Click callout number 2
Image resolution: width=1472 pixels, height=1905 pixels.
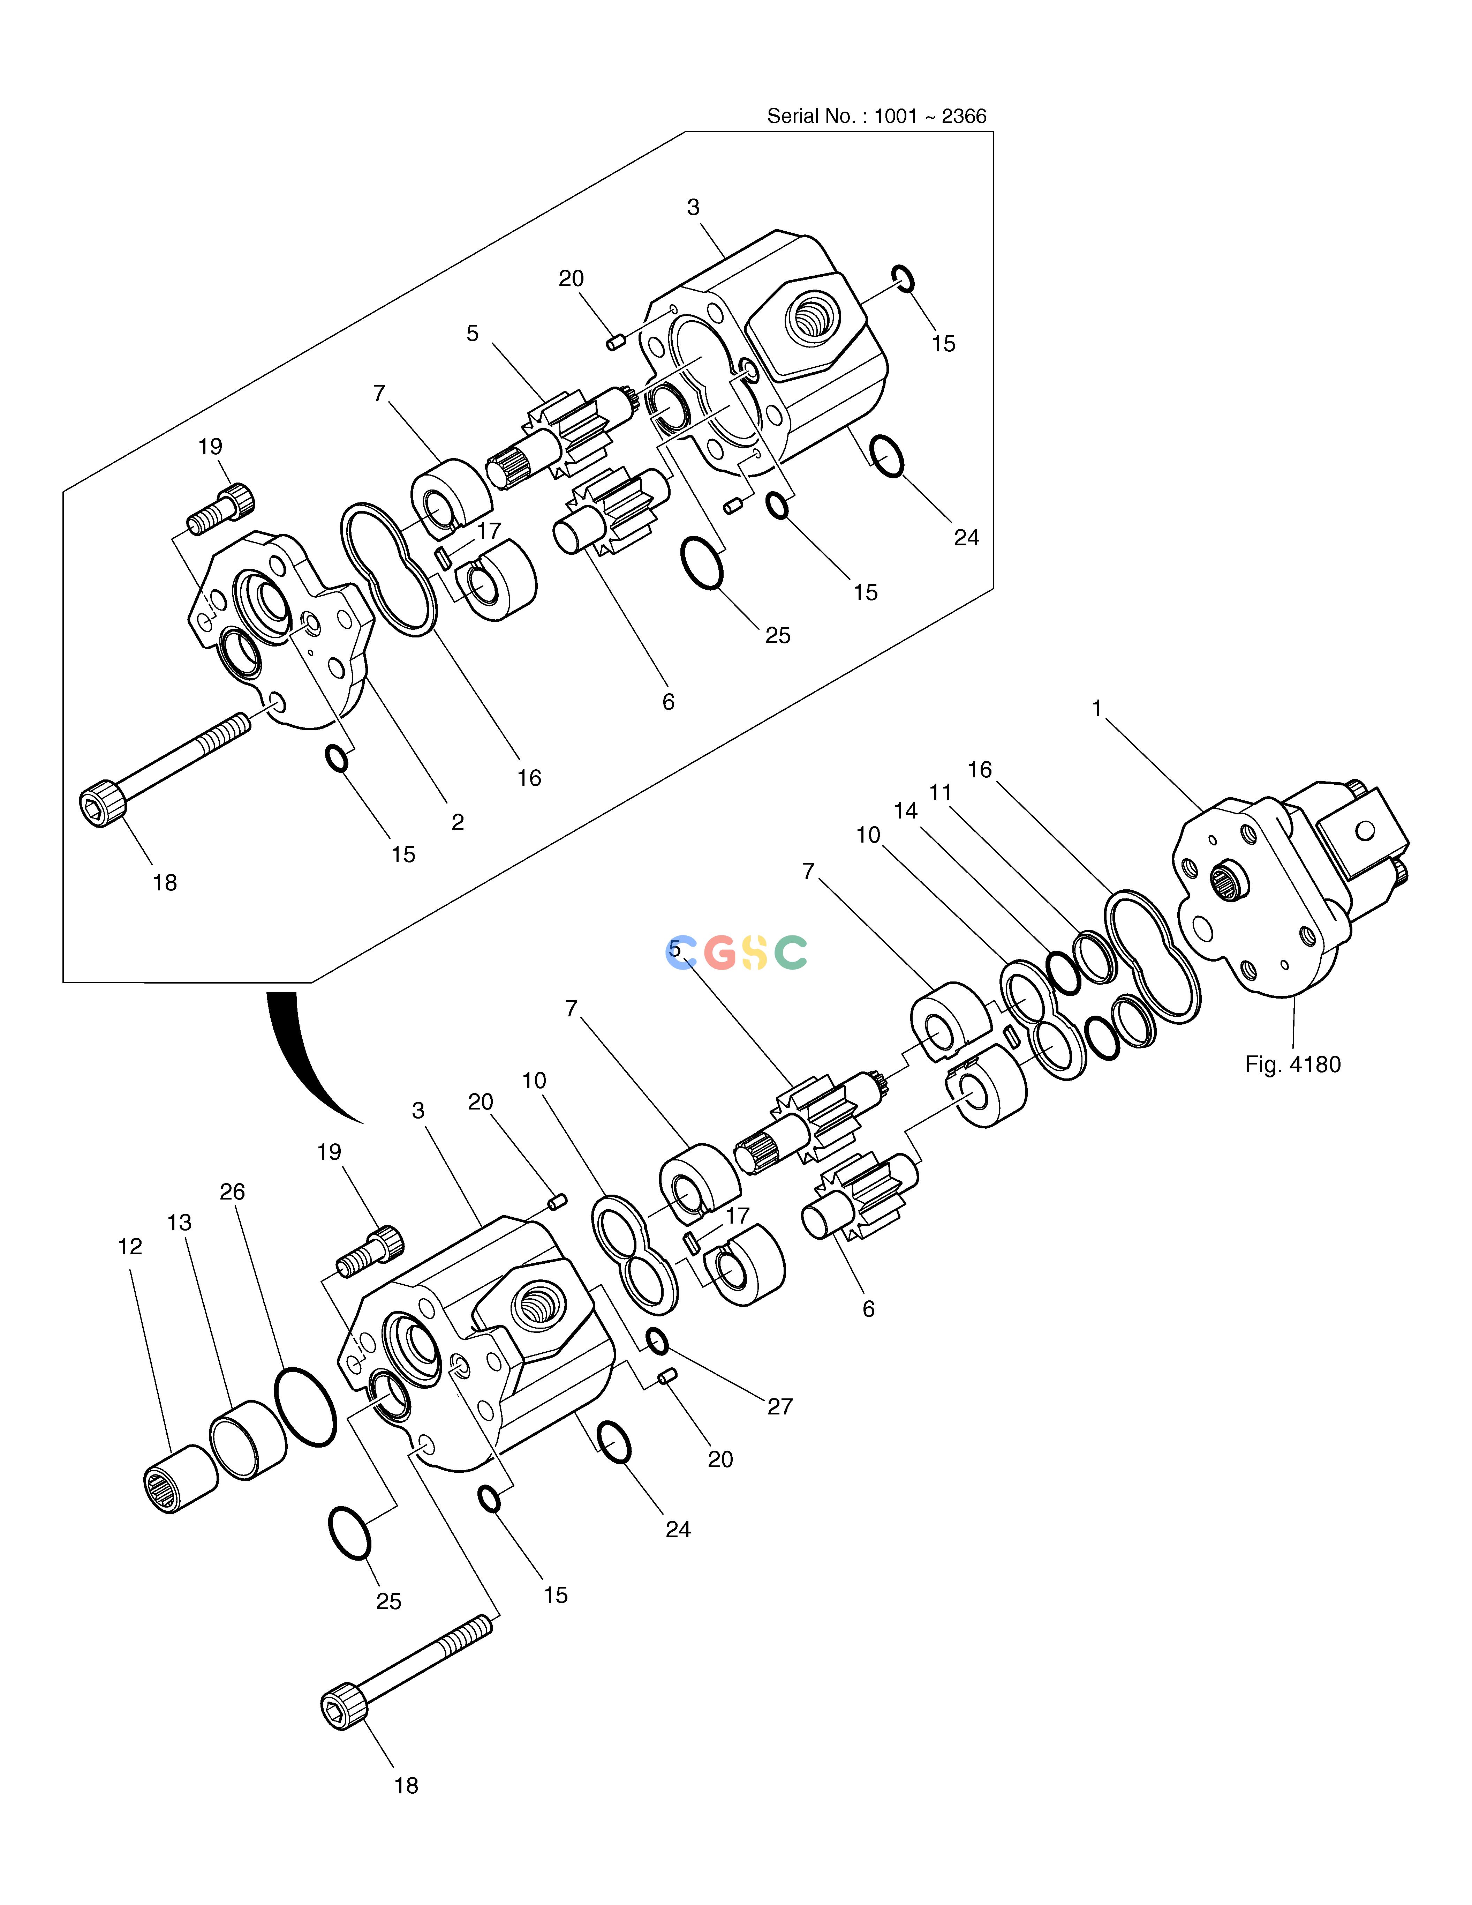pyautogui.click(x=457, y=822)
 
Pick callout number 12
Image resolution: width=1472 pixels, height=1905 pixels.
pyautogui.click(x=130, y=1246)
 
